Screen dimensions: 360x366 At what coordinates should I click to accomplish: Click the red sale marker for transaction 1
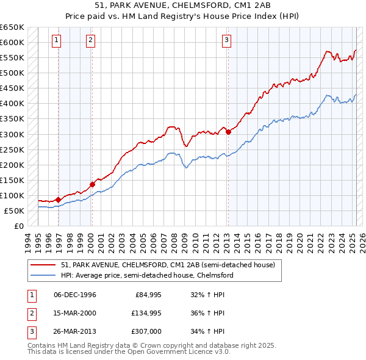tap(58, 200)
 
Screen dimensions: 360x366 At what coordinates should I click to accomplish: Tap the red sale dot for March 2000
tap(92, 184)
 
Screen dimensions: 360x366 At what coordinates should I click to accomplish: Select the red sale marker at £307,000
tap(228, 131)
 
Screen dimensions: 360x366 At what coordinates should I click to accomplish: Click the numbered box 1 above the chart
tap(56, 41)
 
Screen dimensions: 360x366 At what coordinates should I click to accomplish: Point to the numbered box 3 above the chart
tap(226, 41)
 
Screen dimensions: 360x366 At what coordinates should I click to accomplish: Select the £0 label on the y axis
tap(18, 226)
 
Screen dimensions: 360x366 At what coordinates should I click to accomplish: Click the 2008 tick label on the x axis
tap(175, 240)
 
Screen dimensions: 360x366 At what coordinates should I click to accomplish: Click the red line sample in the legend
tap(43, 265)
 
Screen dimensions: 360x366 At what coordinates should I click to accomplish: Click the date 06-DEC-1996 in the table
tap(75, 295)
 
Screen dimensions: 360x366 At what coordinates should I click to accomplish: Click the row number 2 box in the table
tap(30, 313)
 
